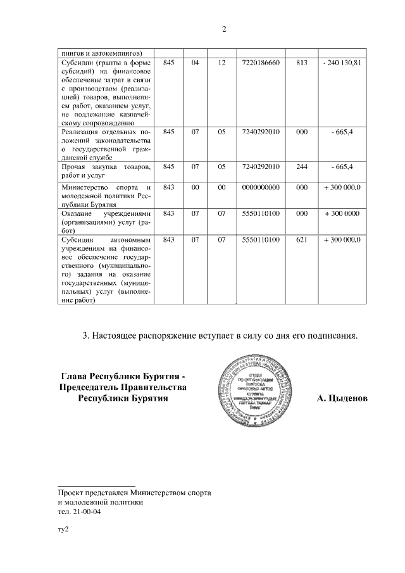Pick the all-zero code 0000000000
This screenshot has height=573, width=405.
(261, 187)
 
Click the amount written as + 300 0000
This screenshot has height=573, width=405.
(342, 214)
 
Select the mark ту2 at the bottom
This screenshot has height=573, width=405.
(63, 530)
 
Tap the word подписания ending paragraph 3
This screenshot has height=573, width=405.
(335, 335)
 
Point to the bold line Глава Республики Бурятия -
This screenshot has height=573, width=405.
(123, 375)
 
